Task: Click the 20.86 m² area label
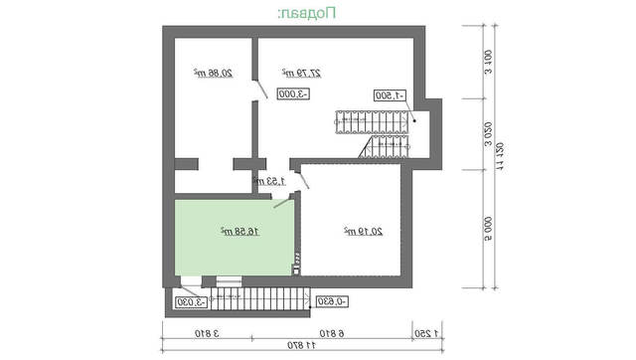pyautogui.click(x=208, y=74)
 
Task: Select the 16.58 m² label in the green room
pyautogui.click(x=239, y=231)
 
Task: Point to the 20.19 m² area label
pyautogui.click(x=363, y=231)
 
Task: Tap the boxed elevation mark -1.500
pyautogui.click(x=392, y=95)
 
